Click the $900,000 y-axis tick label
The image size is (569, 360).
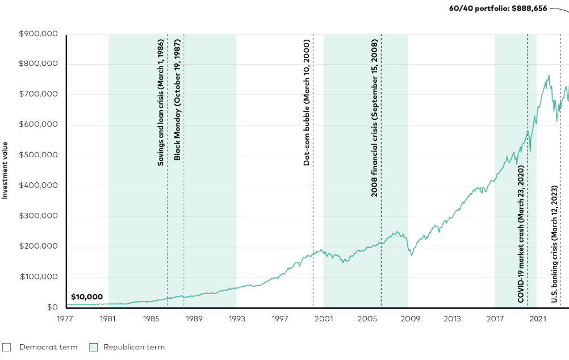(38, 34)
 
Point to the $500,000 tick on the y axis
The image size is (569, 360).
(38, 156)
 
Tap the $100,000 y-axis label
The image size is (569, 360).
(38, 277)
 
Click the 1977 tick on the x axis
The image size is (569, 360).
(65, 319)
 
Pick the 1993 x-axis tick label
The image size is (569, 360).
(237, 319)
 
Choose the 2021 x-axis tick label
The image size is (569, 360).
(538, 319)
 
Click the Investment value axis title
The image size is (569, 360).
(5, 170)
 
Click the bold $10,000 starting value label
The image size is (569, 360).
(87, 297)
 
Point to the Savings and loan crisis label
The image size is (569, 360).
(161, 103)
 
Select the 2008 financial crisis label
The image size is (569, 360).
(374, 119)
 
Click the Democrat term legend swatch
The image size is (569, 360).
(7, 347)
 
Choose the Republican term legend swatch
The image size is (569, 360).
(94, 347)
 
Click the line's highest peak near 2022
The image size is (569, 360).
(549, 75)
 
